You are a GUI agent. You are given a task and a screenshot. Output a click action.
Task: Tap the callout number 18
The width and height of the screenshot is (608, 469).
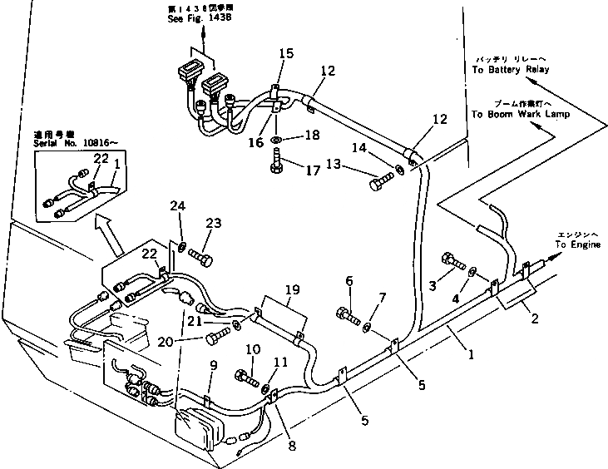(312, 135)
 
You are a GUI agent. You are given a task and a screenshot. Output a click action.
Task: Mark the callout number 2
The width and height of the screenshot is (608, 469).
(534, 317)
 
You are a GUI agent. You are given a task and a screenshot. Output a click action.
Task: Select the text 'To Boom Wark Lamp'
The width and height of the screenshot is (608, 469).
(520, 115)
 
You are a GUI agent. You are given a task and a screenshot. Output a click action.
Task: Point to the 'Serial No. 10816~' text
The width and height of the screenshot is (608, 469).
(71, 141)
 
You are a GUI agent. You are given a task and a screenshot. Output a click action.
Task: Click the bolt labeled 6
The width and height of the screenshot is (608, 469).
(348, 316)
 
